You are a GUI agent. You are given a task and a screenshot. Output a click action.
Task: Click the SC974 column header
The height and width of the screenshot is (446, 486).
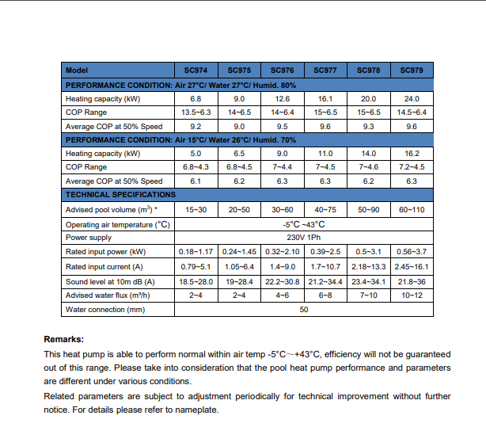point(195,71)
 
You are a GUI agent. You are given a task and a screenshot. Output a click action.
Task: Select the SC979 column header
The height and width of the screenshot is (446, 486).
point(412,71)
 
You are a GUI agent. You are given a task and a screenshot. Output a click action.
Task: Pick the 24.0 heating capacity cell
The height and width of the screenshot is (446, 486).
point(412,99)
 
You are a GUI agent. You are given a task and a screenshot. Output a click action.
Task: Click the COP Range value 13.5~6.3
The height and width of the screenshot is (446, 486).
point(195,112)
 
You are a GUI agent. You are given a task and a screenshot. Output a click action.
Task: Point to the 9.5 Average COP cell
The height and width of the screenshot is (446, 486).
point(282,127)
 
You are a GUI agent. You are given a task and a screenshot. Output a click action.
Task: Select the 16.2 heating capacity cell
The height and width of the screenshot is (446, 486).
point(412,154)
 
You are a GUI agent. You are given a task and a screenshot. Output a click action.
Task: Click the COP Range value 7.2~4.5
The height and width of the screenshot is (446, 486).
point(412,167)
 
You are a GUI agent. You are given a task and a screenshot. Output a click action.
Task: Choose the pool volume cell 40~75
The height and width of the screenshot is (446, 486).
point(325,209)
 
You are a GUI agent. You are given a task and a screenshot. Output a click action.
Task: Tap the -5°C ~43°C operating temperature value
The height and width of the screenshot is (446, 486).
point(303,223)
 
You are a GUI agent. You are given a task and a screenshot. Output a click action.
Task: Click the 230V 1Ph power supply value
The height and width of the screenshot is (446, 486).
point(303,237)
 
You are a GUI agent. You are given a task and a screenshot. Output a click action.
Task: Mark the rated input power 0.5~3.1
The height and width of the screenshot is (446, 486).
point(368,252)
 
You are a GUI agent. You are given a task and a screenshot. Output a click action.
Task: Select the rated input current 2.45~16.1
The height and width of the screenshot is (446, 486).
point(412,267)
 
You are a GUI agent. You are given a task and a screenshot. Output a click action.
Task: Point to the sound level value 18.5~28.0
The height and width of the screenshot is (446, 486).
point(195,282)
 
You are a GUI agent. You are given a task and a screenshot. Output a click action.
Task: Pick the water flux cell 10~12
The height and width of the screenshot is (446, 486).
point(412,295)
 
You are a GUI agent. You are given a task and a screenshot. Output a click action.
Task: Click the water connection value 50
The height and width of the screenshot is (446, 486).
point(303,310)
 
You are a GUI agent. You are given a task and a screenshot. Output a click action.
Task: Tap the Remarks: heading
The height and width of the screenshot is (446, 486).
point(64,339)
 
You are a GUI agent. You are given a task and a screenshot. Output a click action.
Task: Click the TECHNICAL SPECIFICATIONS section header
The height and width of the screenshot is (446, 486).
point(120,195)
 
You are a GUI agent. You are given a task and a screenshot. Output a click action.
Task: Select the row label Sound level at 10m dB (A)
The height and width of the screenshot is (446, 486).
point(110,282)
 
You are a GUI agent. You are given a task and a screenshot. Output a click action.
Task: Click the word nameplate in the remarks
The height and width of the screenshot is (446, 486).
point(196,410)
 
